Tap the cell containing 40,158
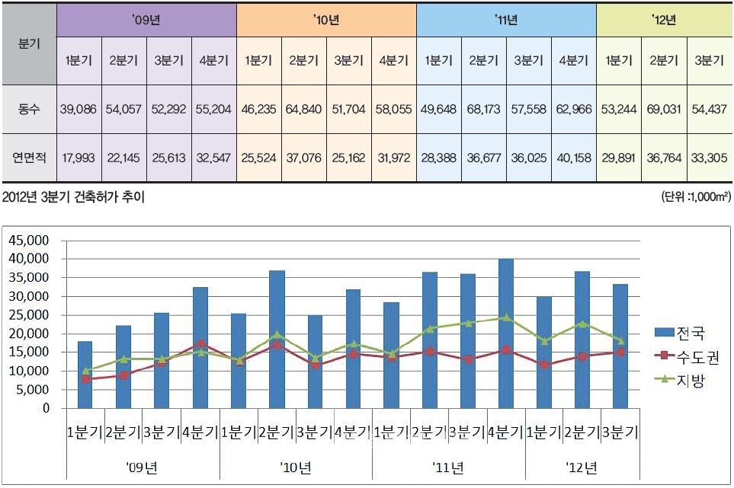pos(573,158)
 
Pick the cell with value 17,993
pos(79,158)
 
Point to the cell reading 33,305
pos(709,158)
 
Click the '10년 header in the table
pos(326,21)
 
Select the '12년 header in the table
pos(664,21)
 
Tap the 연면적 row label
pos(29,158)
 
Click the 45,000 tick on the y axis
pos(28,240)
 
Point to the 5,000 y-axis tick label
pos(31,390)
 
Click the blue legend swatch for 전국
pos(663,333)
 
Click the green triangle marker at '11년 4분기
pos(505,317)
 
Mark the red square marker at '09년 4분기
pos(200,344)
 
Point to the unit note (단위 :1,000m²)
pos(697,197)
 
